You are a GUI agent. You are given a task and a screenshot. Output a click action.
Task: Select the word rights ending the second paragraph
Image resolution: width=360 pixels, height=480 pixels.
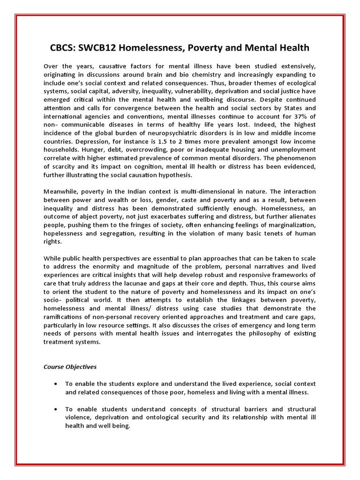(x=52, y=242)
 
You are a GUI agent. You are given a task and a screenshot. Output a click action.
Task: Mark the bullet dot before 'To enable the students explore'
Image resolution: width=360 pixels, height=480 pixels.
(x=56, y=383)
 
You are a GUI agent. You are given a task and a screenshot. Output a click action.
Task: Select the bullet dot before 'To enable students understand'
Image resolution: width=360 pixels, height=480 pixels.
(x=56, y=409)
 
